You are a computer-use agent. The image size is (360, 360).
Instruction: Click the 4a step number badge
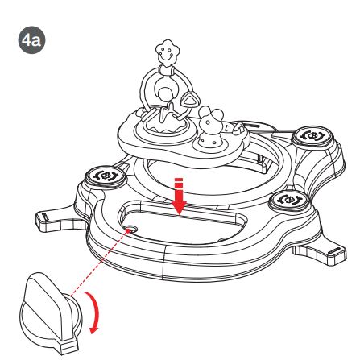click(31, 40)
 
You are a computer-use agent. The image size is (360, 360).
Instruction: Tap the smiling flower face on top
click(168, 53)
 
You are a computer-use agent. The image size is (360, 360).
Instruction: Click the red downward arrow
click(179, 196)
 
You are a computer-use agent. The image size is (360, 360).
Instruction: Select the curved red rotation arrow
click(93, 312)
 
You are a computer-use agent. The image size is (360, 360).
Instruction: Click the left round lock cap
click(106, 176)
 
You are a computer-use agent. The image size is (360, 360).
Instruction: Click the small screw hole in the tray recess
click(131, 229)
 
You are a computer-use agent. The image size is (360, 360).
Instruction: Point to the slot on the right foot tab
click(334, 251)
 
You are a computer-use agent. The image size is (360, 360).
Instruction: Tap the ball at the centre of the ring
click(165, 94)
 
